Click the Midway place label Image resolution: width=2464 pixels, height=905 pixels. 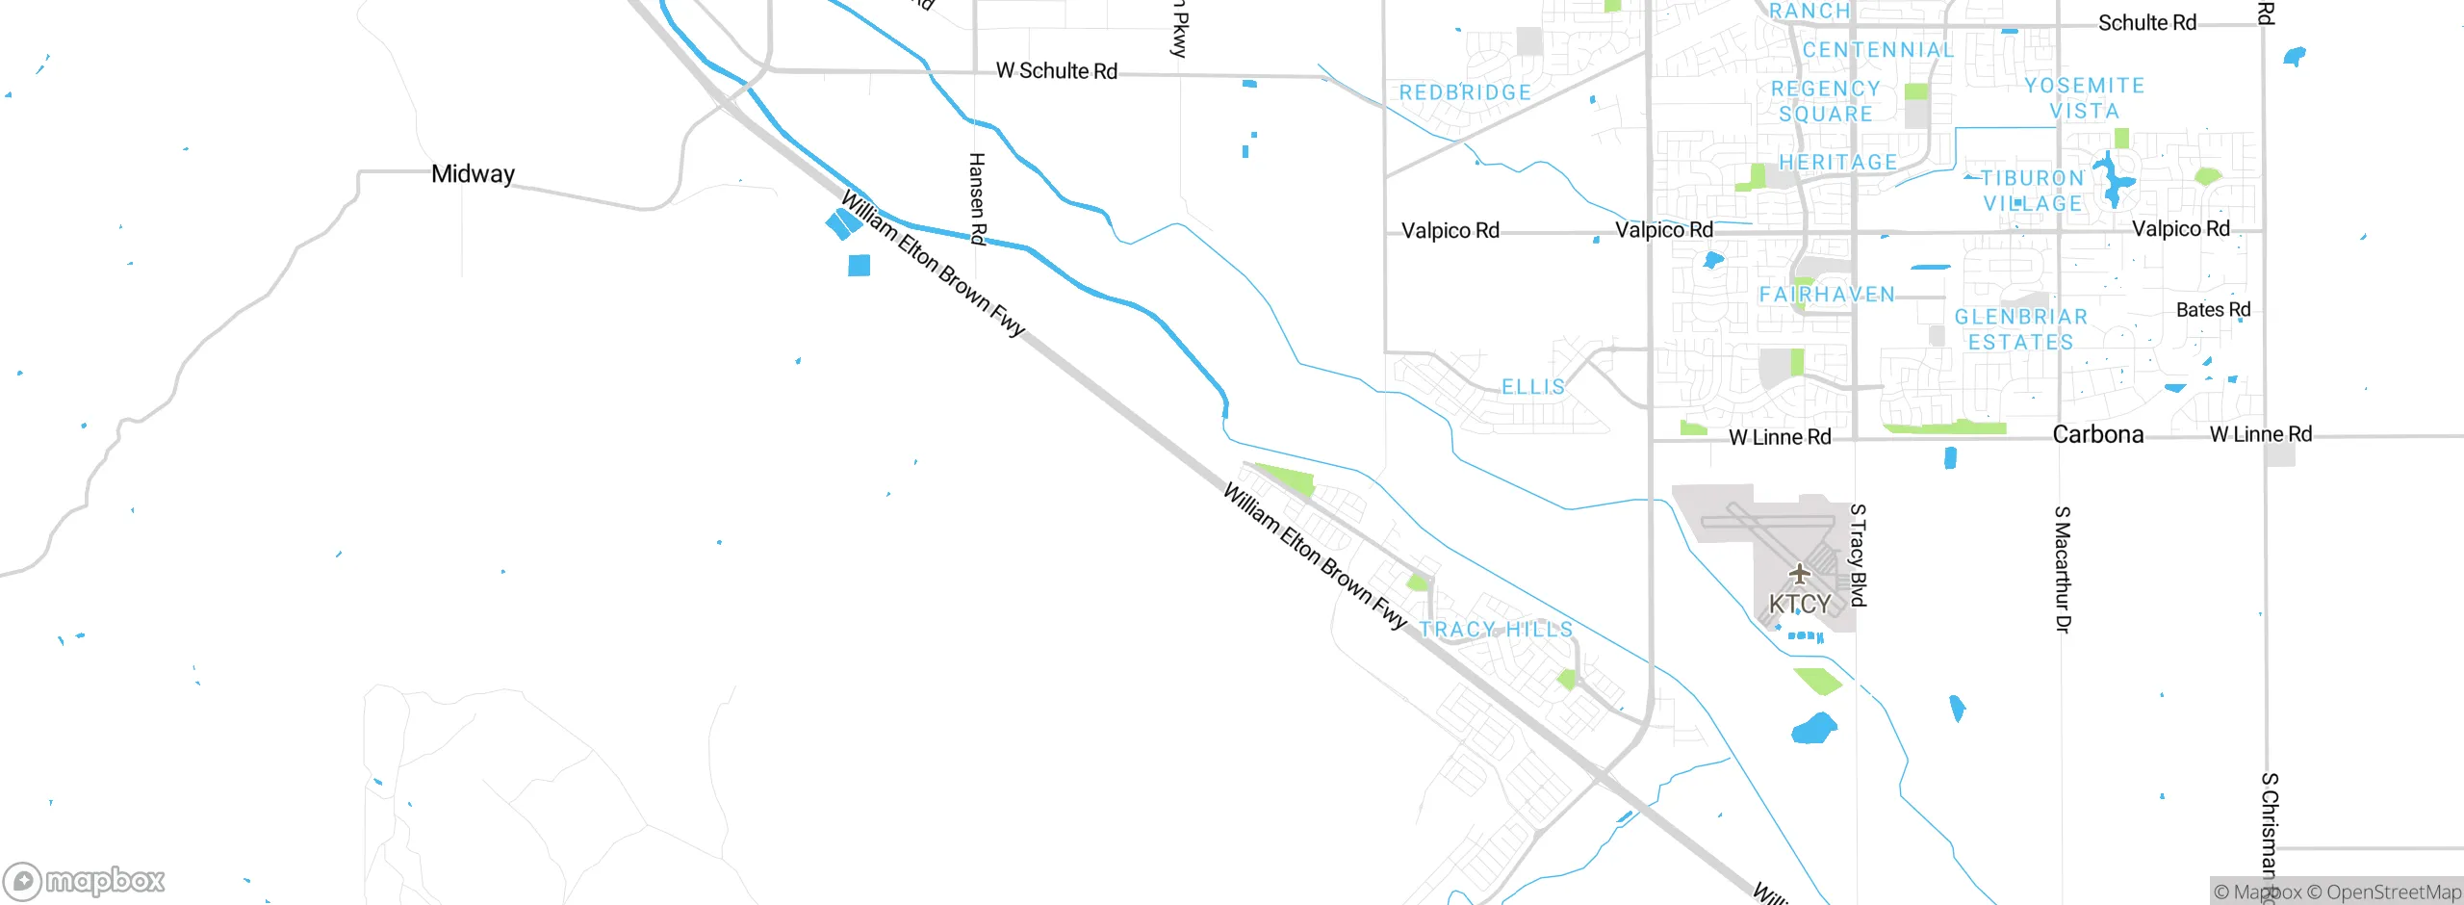tap(473, 174)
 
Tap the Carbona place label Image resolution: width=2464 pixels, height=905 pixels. tap(2097, 434)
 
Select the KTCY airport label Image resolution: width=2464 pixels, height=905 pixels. tap(1800, 605)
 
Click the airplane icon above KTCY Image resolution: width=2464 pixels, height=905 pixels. tap(1799, 575)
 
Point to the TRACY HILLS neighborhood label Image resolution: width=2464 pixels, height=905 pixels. tap(1496, 630)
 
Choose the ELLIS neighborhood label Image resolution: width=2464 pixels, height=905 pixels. tap(1533, 387)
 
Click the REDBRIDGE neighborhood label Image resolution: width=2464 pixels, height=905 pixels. tap(1465, 92)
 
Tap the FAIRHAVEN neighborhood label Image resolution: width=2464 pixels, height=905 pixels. tap(1826, 295)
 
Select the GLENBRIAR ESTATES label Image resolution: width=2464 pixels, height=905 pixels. tap(2020, 329)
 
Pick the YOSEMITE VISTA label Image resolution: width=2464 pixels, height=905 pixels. tap(2085, 98)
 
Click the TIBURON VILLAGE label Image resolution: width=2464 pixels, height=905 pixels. tap(2032, 191)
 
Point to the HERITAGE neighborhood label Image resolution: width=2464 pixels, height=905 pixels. tap(1837, 162)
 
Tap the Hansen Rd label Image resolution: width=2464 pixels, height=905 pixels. tap(977, 199)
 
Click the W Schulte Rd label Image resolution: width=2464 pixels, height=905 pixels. tap(1056, 71)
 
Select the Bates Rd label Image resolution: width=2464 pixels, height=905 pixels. tap(2213, 310)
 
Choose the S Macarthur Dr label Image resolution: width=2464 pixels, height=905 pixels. tap(2062, 569)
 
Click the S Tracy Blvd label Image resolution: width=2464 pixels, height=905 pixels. tap(1858, 556)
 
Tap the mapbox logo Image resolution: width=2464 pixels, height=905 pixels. tap(85, 881)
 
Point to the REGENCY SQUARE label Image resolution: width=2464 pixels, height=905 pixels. tap(1825, 101)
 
